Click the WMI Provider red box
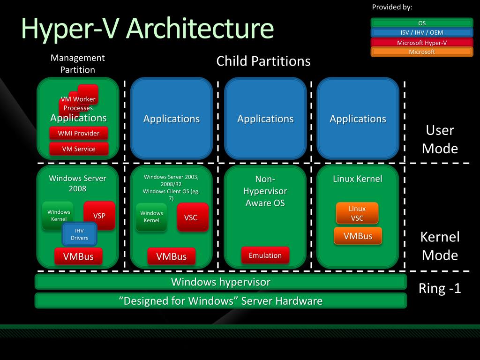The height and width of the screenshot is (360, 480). tap(78, 133)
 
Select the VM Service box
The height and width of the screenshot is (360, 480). tap(78, 149)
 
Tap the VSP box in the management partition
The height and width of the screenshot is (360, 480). tap(99, 216)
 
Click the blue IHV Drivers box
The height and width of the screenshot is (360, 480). tap(79, 234)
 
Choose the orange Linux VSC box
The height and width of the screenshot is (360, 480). tap(357, 213)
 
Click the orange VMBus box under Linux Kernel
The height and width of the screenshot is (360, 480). tap(358, 236)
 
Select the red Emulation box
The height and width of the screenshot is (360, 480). tap(265, 255)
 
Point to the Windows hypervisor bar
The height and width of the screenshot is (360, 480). tap(220, 282)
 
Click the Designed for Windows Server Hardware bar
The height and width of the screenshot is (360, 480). tap(220, 300)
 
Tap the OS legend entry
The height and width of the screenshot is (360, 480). tap(422, 23)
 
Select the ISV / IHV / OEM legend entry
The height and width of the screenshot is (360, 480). tap(422, 33)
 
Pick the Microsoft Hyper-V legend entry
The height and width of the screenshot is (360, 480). tap(422, 43)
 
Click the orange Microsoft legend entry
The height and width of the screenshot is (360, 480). tap(422, 52)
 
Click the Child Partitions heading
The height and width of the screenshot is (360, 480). tap(263, 61)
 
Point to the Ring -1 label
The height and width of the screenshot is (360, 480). tap(440, 288)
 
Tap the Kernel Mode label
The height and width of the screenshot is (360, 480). tap(440, 246)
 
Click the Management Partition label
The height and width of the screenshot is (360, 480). tap(78, 64)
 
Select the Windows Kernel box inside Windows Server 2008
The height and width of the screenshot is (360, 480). tap(58, 216)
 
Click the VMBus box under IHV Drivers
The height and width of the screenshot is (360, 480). tap(78, 256)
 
